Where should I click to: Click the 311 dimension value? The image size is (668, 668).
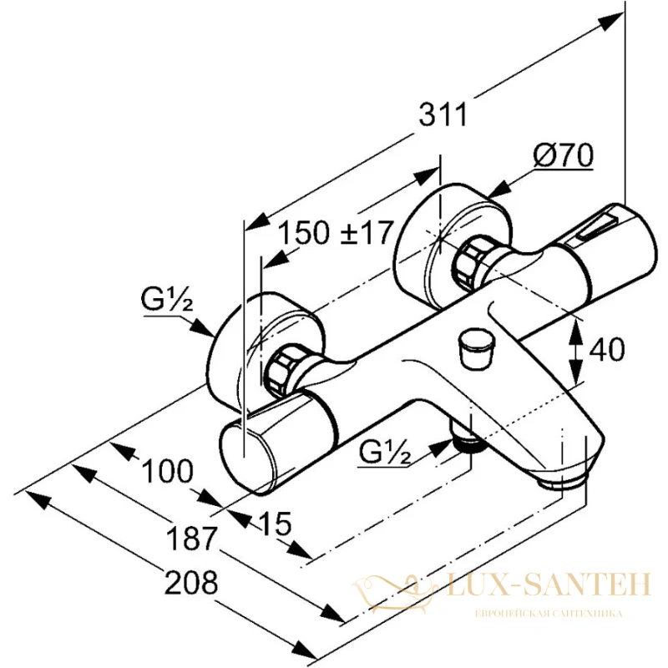click(443, 114)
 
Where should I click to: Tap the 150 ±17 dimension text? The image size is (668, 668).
click(335, 233)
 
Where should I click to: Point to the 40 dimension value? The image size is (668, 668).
click(607, 350)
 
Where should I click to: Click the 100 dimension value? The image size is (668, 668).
click(167, 472)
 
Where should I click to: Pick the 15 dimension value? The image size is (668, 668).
click(275, 524)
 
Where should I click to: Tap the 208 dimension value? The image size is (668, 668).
click(191, 583)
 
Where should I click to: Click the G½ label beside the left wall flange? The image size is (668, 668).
click(167, 302)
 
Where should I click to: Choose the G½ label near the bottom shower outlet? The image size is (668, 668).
click(385, 453)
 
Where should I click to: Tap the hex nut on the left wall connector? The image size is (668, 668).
click(281, 369)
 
